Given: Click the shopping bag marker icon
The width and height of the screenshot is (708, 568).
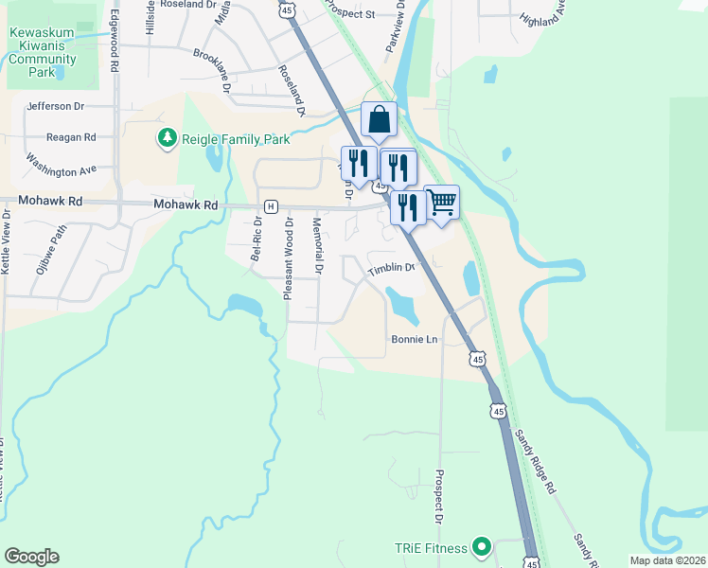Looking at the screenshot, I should (379, 120).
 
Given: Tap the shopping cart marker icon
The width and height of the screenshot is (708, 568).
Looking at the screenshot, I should (441, 202).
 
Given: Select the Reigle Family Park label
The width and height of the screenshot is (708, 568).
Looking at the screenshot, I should (236, 139).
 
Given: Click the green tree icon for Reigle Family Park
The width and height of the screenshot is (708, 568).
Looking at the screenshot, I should (168, 139).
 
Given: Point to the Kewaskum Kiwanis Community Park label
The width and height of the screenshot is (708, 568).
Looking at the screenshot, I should (42, 52).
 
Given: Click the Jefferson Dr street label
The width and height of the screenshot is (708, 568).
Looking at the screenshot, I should (56, 107).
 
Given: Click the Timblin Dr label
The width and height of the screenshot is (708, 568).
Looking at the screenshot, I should (392, 268).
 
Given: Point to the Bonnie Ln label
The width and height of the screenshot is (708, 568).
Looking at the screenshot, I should (414, 339).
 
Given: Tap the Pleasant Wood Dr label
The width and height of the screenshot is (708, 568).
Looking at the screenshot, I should (288, 258).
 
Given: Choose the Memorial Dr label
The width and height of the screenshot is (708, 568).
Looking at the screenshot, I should (317, 247).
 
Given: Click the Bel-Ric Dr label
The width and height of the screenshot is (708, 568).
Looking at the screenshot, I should (256, 239).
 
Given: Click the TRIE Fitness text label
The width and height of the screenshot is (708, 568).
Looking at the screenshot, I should (432, 548).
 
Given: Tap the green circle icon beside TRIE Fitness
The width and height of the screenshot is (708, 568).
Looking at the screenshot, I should (482, 547).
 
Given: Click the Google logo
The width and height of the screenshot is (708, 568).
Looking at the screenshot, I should (31, 557).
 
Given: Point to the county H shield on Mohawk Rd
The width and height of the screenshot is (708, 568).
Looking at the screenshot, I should (272, 205).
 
